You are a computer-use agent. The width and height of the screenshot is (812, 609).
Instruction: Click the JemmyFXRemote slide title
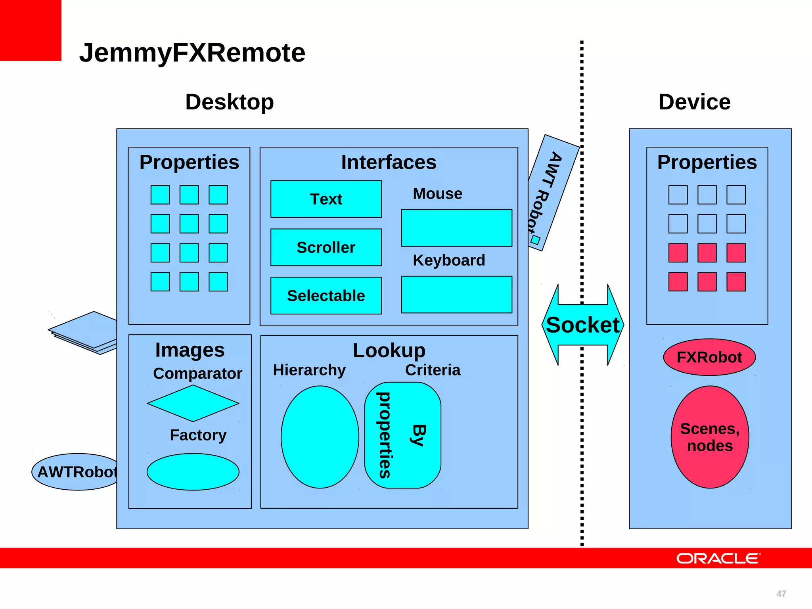(x=192, y=53)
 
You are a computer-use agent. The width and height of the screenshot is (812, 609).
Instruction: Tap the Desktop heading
(x=229, y=102)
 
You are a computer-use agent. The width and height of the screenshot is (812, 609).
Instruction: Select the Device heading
(x=694, y=102)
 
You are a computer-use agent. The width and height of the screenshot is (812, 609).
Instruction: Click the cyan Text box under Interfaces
(x=326, y=199)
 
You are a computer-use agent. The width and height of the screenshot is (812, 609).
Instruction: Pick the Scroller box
(x=326, y=247)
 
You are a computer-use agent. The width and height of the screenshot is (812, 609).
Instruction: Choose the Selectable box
(x=326, y=296)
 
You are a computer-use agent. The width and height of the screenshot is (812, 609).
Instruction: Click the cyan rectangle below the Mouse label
(x=456, y=228)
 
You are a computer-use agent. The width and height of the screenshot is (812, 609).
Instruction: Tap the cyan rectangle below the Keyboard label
(x=456, y=295)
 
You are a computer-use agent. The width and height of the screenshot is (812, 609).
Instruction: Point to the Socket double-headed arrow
(x=582, y=325)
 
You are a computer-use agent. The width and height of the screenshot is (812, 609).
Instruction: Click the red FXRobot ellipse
(x=709, y=357)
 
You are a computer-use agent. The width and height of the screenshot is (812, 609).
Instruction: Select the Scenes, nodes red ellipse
(x=710, y=437)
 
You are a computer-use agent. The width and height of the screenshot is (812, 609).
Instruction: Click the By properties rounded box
(x=402, y=435)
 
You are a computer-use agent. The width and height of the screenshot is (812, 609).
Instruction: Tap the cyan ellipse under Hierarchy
(x=320, y=437)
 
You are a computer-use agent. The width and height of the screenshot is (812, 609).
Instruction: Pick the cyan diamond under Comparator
(x=193, y=403)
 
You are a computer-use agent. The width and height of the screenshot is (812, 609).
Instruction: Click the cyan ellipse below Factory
(x=193, y=472)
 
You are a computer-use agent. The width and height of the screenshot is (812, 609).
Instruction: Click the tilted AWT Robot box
(x=553, y=193)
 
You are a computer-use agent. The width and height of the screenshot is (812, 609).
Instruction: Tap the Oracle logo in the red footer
(x=718, y=558)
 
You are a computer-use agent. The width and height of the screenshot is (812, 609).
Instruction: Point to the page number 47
(x=781, y=594)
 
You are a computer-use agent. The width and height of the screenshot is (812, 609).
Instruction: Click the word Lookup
(x=389, y=350)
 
